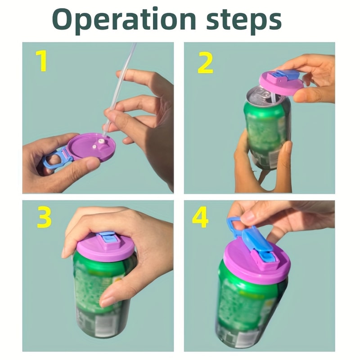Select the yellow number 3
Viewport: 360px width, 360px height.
(x=44, y=218)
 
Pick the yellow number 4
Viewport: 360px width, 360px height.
(x=200, y=218)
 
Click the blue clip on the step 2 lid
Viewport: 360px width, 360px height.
(x=288, y=75)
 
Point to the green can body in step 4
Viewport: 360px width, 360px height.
(x=247, y=310)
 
